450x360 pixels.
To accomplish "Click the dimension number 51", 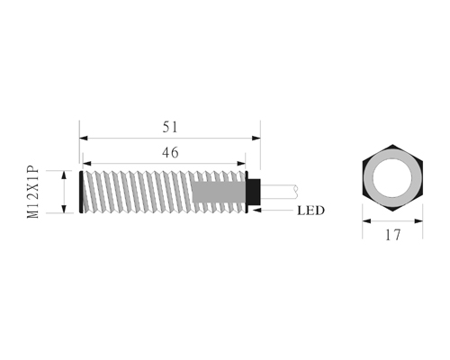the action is pyautogui.click(x=170, y=127).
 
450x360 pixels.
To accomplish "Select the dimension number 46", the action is pyautogui.click(x=170, y=153).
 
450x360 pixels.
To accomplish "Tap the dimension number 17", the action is pyautogui.click(x=393, y=235).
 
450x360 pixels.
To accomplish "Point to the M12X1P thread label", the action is pyautogui.click(x=33, y=193).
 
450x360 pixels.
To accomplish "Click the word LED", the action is pyautogui.click(x=310, y=211).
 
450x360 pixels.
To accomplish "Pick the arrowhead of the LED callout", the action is pyautogui.click(x=256, y=211).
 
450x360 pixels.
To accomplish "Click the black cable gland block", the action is pyautogui.click(x=254, y=192).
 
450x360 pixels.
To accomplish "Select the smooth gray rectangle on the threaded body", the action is pyautogui.click(x=220, y=192).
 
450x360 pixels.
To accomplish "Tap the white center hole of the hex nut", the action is pyautogui.click(x=392, y=178).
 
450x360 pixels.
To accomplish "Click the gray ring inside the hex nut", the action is pyautogui.click(x=368, y=178).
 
